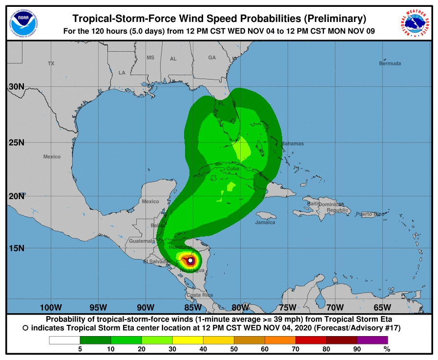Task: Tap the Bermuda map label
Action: point(390,63)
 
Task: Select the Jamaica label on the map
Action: point(265,222)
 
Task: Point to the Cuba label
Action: point(233,169)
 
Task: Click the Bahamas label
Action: point(292,143)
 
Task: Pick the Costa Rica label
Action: point(200,295)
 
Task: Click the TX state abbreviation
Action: point(51,63)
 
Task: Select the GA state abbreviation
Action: point(212,58)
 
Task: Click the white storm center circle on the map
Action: point(190,260)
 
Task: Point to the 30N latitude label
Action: point(16,87)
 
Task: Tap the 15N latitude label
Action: point(16,248)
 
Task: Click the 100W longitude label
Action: point(51,307)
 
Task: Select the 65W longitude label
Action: point(382,307)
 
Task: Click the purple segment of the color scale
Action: point(372,340)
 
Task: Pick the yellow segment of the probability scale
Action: point(189,340)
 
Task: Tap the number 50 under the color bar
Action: point(235,349)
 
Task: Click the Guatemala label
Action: point(142,241)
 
